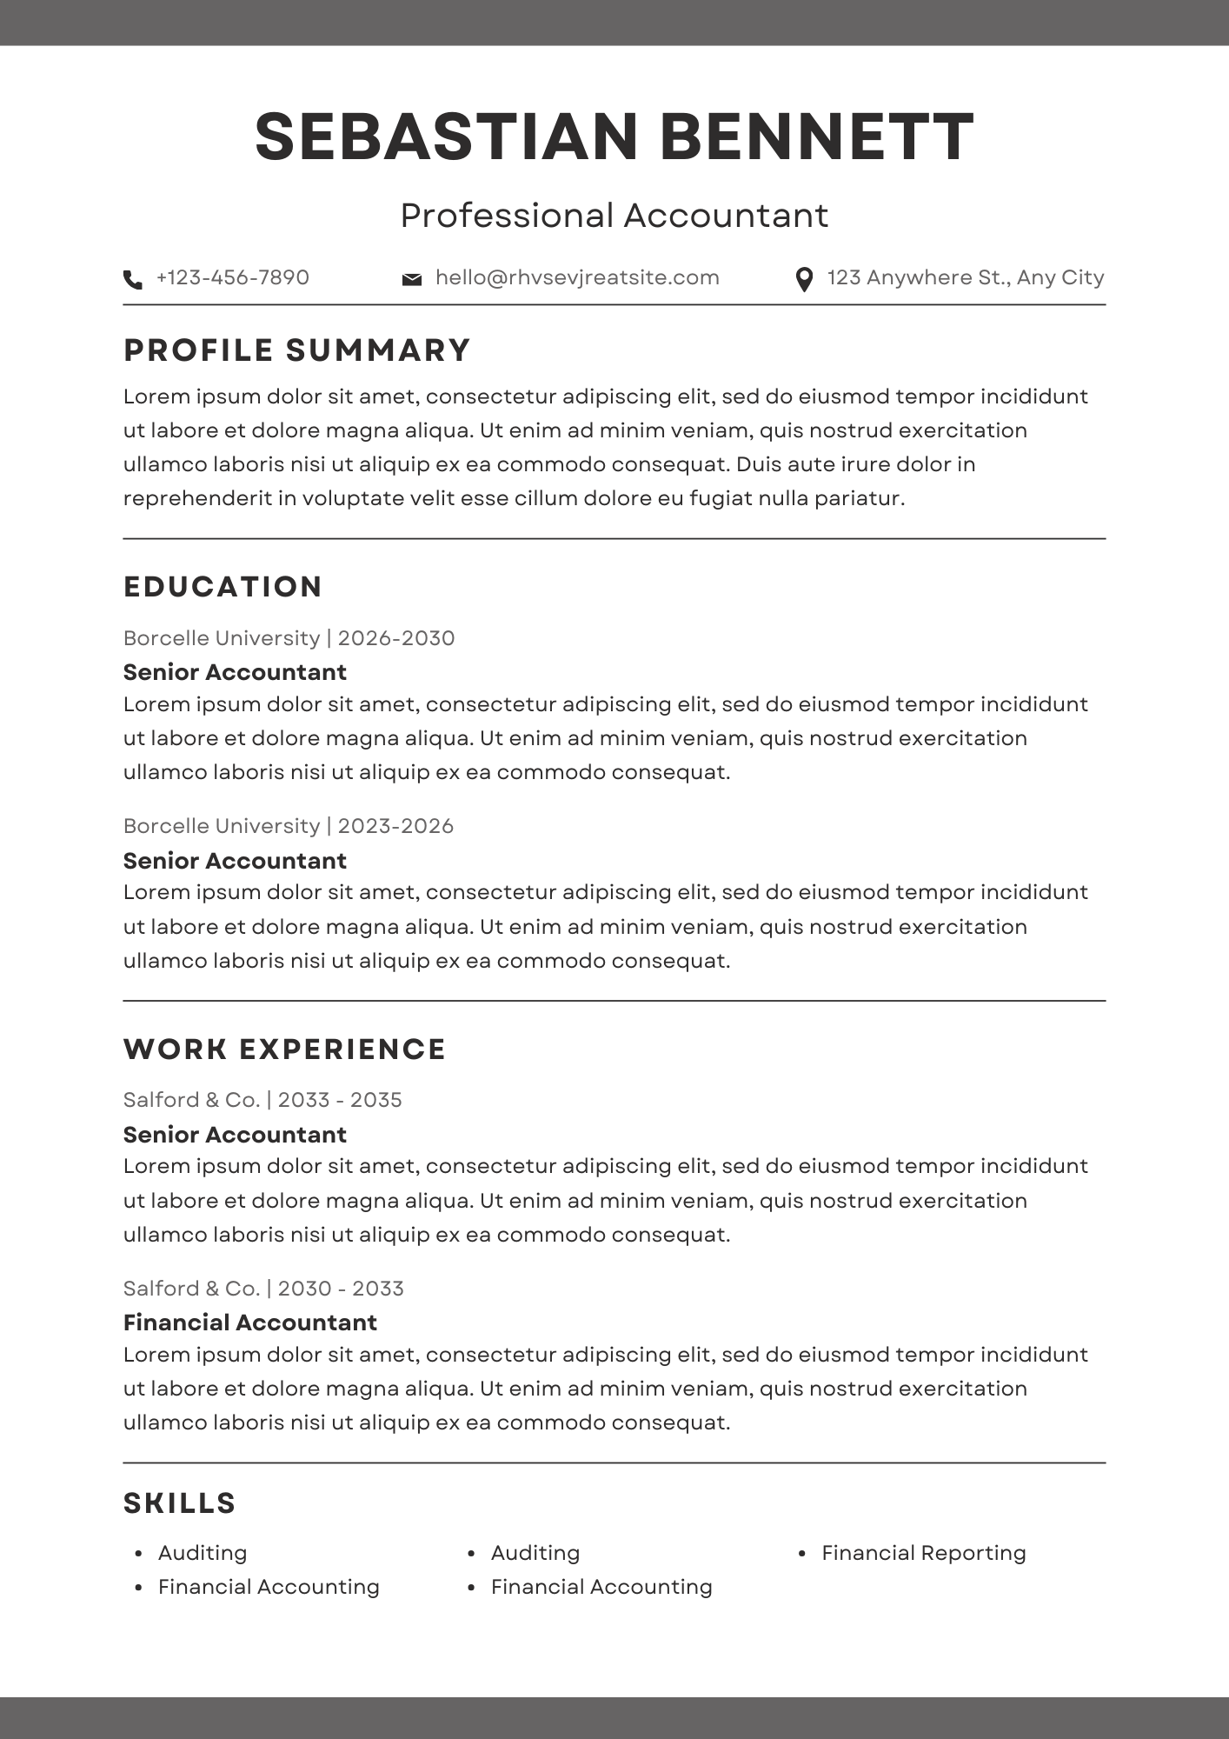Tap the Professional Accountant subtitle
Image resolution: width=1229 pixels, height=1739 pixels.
coord(614,216)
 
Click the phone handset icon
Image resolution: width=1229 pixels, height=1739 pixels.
coord(133,279)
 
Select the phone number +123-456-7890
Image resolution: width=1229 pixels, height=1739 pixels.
coord(232,277)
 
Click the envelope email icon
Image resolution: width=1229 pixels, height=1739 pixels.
coord(412,279)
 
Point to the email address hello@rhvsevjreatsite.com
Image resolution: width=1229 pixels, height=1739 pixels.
coord(577,277)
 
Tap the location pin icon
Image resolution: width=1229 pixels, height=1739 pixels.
coord(804,279)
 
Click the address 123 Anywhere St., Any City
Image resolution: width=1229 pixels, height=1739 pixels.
coord(965,277)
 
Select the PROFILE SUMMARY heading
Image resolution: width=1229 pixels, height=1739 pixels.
coord(296,350)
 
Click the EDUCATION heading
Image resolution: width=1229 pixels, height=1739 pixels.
coord(223,587)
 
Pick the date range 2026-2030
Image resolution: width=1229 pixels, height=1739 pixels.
coord(396,638)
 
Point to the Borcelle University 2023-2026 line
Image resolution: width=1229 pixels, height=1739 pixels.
coord(289,826)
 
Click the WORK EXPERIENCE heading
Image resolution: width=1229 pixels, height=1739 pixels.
coord(284,1049)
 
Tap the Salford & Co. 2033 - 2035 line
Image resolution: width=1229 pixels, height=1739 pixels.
coord(262,1100)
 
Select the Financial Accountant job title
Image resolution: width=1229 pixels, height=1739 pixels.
coord(250,1323)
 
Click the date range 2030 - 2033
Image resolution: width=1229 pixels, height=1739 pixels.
coord(341,1289)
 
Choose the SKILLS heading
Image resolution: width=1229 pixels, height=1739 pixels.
coord(180,1503)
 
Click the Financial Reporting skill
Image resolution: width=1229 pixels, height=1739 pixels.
coord(924,1553)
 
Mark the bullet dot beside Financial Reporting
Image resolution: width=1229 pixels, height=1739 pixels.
coord(802,1554)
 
